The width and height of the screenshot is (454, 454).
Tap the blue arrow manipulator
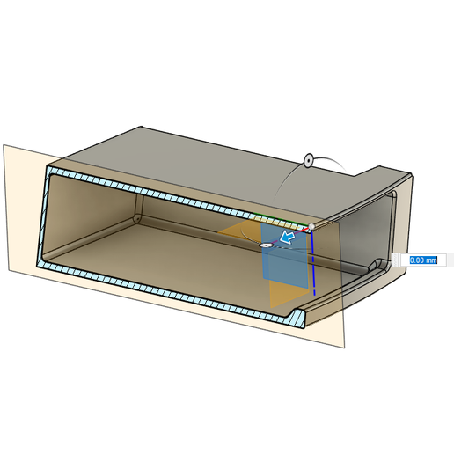point(285,238)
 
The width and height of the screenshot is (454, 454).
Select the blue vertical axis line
point(312,264)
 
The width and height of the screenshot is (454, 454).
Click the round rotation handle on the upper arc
point(309,160)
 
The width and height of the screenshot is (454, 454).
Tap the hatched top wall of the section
point(176,195)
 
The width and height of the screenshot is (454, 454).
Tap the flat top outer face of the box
point(202,154)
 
